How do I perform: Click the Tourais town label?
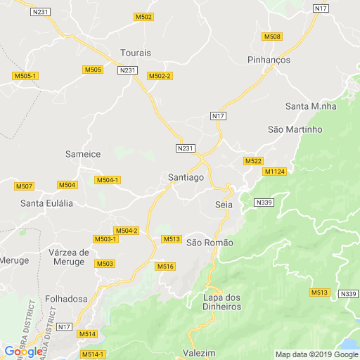coord(136,53)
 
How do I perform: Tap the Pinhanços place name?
coord(269,60)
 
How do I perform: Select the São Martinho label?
coord(295,129)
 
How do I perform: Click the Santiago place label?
coord(186,178)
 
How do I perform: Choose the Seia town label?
coord(224,204)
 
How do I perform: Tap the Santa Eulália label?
coord(47,203)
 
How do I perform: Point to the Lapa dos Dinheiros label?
coord(221,301)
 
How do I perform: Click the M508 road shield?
coord(272,37)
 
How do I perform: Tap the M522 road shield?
coord(253,161)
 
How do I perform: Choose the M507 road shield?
coord(24,186)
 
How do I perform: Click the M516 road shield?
coord(165,266)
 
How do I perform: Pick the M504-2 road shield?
coord(127,231)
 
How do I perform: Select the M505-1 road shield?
coord(25,75)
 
